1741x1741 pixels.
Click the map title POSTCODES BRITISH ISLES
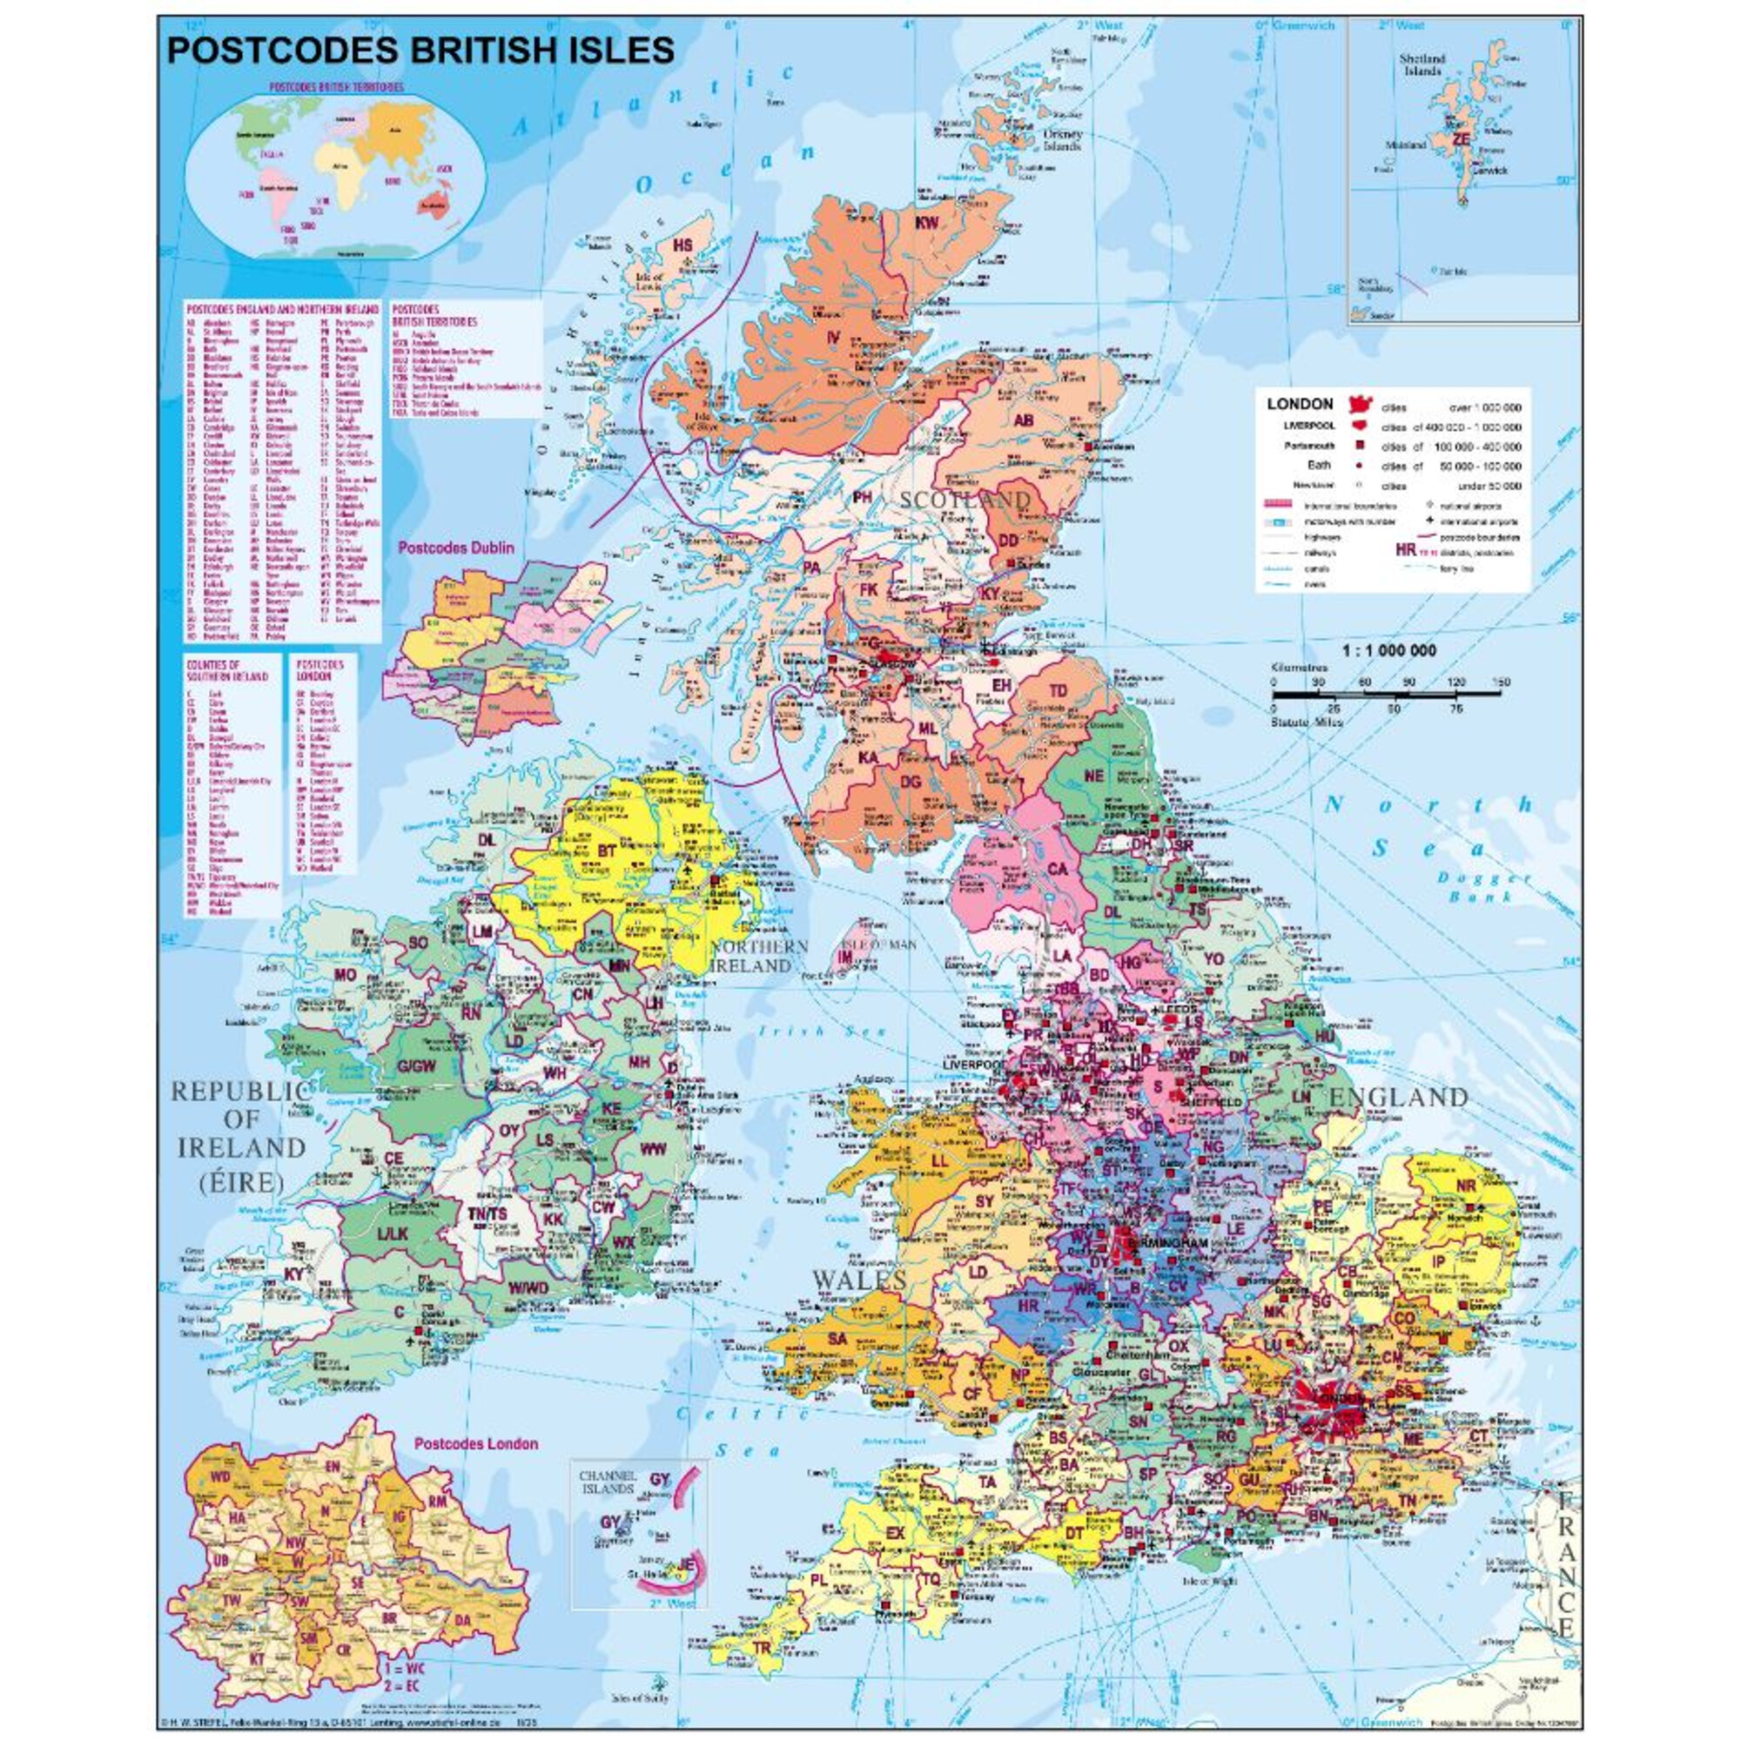pos(420,50)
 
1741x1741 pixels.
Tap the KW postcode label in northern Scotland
pos(927,223)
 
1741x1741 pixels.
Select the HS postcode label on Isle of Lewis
pos(686,245)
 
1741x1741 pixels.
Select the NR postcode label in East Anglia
pos(1466,1186)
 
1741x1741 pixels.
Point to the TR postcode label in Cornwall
pos(763,1648)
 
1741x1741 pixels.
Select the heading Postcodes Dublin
pos(456,547)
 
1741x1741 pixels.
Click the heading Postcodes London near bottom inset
pos(476,1443)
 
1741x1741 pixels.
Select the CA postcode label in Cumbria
pos(1057,869)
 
